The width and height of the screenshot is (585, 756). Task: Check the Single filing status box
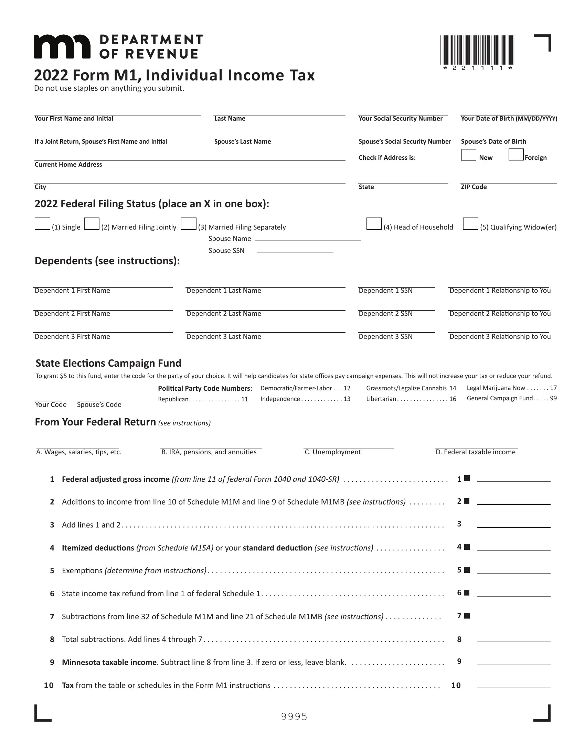[x=42, y=224]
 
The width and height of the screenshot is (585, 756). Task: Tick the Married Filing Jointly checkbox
[x=92, y=224]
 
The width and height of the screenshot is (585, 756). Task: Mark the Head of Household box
[x=374, y=224]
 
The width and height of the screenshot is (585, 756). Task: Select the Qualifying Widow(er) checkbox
[x=470, y=224]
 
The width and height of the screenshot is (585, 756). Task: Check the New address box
[x=469, y=155]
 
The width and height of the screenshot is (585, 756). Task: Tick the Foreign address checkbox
[x=516, y=155]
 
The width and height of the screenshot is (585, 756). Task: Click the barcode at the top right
[x=477, y=51]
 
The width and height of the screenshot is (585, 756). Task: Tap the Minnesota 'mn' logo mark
[x=62, y=47]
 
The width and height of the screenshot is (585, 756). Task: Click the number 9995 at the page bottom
[x=294, y=716]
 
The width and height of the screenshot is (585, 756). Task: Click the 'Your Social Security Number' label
[x=400, y=119]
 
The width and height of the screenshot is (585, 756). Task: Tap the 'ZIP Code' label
[x=474, y=187]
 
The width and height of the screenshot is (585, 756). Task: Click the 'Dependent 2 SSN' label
[x=385, y=314]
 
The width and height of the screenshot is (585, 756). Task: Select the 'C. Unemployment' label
[x=332, y=452]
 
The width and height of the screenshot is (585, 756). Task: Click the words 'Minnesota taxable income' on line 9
[x=109, y=662]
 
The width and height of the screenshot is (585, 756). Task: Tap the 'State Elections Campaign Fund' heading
[x=108, y=363]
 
